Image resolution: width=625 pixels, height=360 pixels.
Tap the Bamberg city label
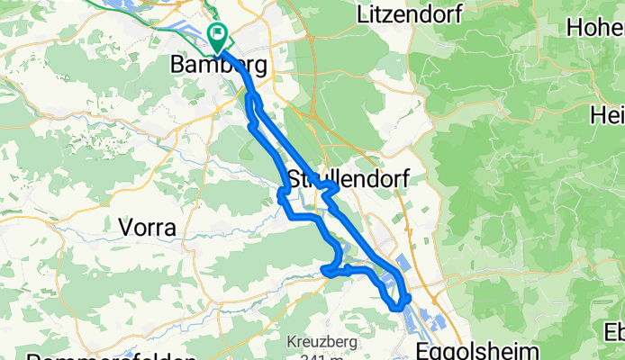pos(219,66)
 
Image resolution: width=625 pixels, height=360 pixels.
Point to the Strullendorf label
pos(347,178)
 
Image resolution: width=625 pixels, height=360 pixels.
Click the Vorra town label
pos(147,228)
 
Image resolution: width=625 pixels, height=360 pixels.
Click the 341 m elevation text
pos(314,356)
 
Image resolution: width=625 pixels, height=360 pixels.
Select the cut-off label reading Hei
pos(606,115)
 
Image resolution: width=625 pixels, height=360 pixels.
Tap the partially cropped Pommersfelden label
pos(99,356)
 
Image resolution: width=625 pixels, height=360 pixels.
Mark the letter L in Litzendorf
pos(362,14)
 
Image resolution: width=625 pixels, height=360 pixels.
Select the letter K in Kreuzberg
pos(291,342)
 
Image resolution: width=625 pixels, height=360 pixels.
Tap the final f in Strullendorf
pos(405,178)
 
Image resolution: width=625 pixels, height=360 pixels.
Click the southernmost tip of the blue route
pos(398,310)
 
